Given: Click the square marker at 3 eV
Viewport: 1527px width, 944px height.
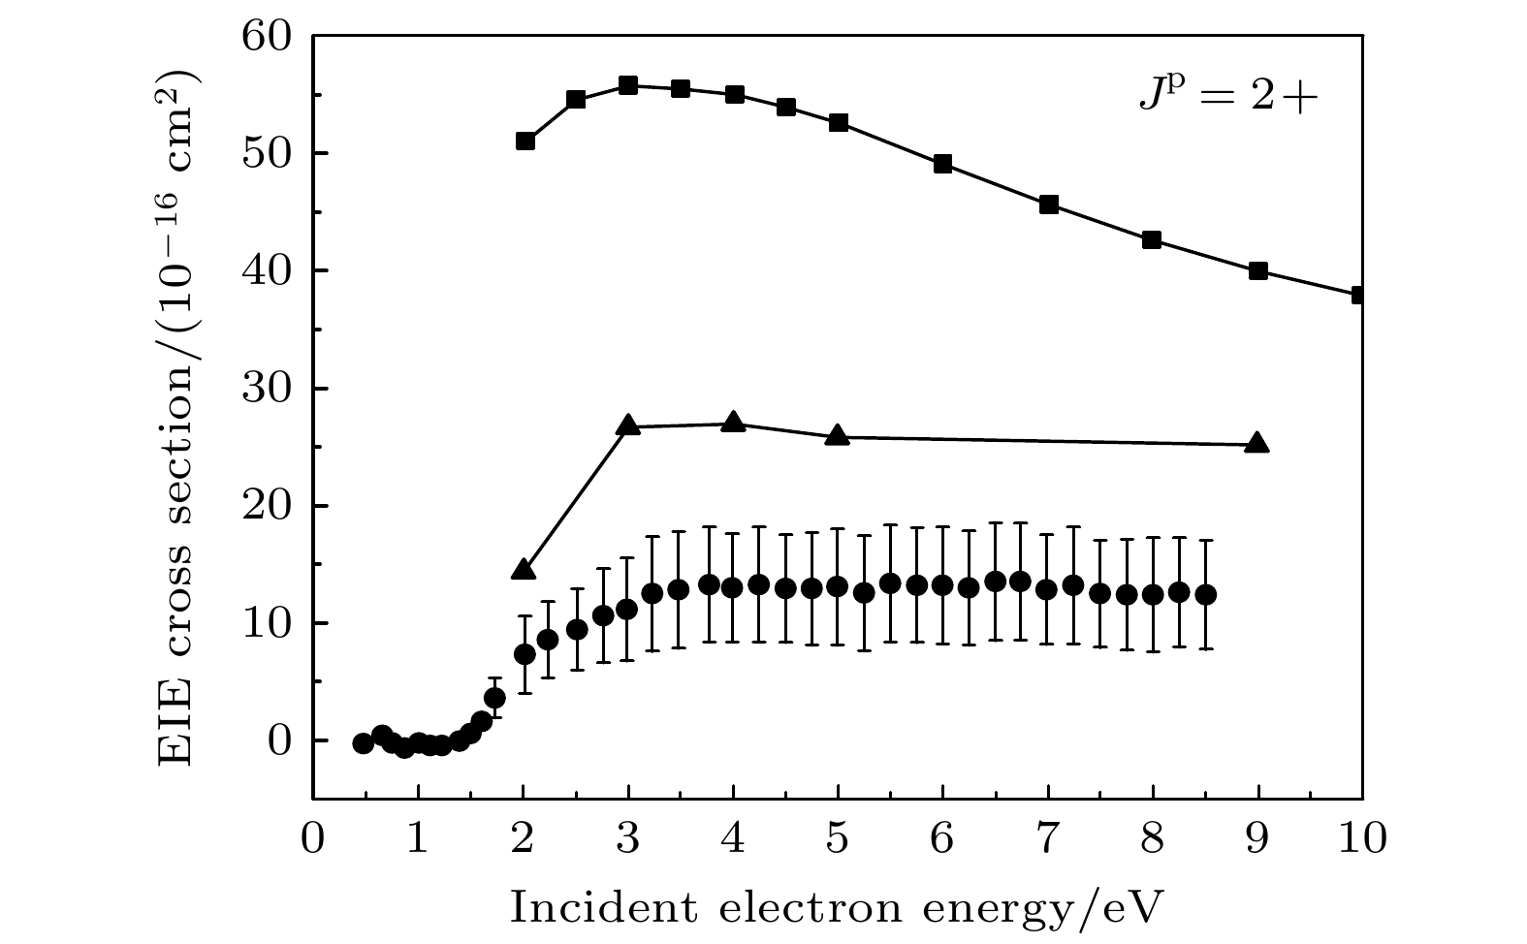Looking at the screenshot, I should point(628,85).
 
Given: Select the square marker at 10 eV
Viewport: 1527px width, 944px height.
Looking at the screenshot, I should point(1359,295).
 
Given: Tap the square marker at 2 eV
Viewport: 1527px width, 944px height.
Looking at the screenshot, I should point(525,141).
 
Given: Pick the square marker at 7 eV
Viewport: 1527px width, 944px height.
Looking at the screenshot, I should point(1048,205).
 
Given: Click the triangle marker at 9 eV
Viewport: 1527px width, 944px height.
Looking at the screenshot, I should point(1257,443).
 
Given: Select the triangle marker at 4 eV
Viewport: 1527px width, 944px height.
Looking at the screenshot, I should point(734,423).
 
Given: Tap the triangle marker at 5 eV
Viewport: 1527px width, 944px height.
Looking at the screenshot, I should point(839,436).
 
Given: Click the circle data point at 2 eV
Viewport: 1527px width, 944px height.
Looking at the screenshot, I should point(525,654).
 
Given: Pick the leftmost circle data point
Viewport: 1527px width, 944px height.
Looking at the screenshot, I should point(364,743).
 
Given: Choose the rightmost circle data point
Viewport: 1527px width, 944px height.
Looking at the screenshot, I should point(1206,594).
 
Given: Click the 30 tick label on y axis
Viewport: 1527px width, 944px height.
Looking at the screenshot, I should point(268,389).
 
